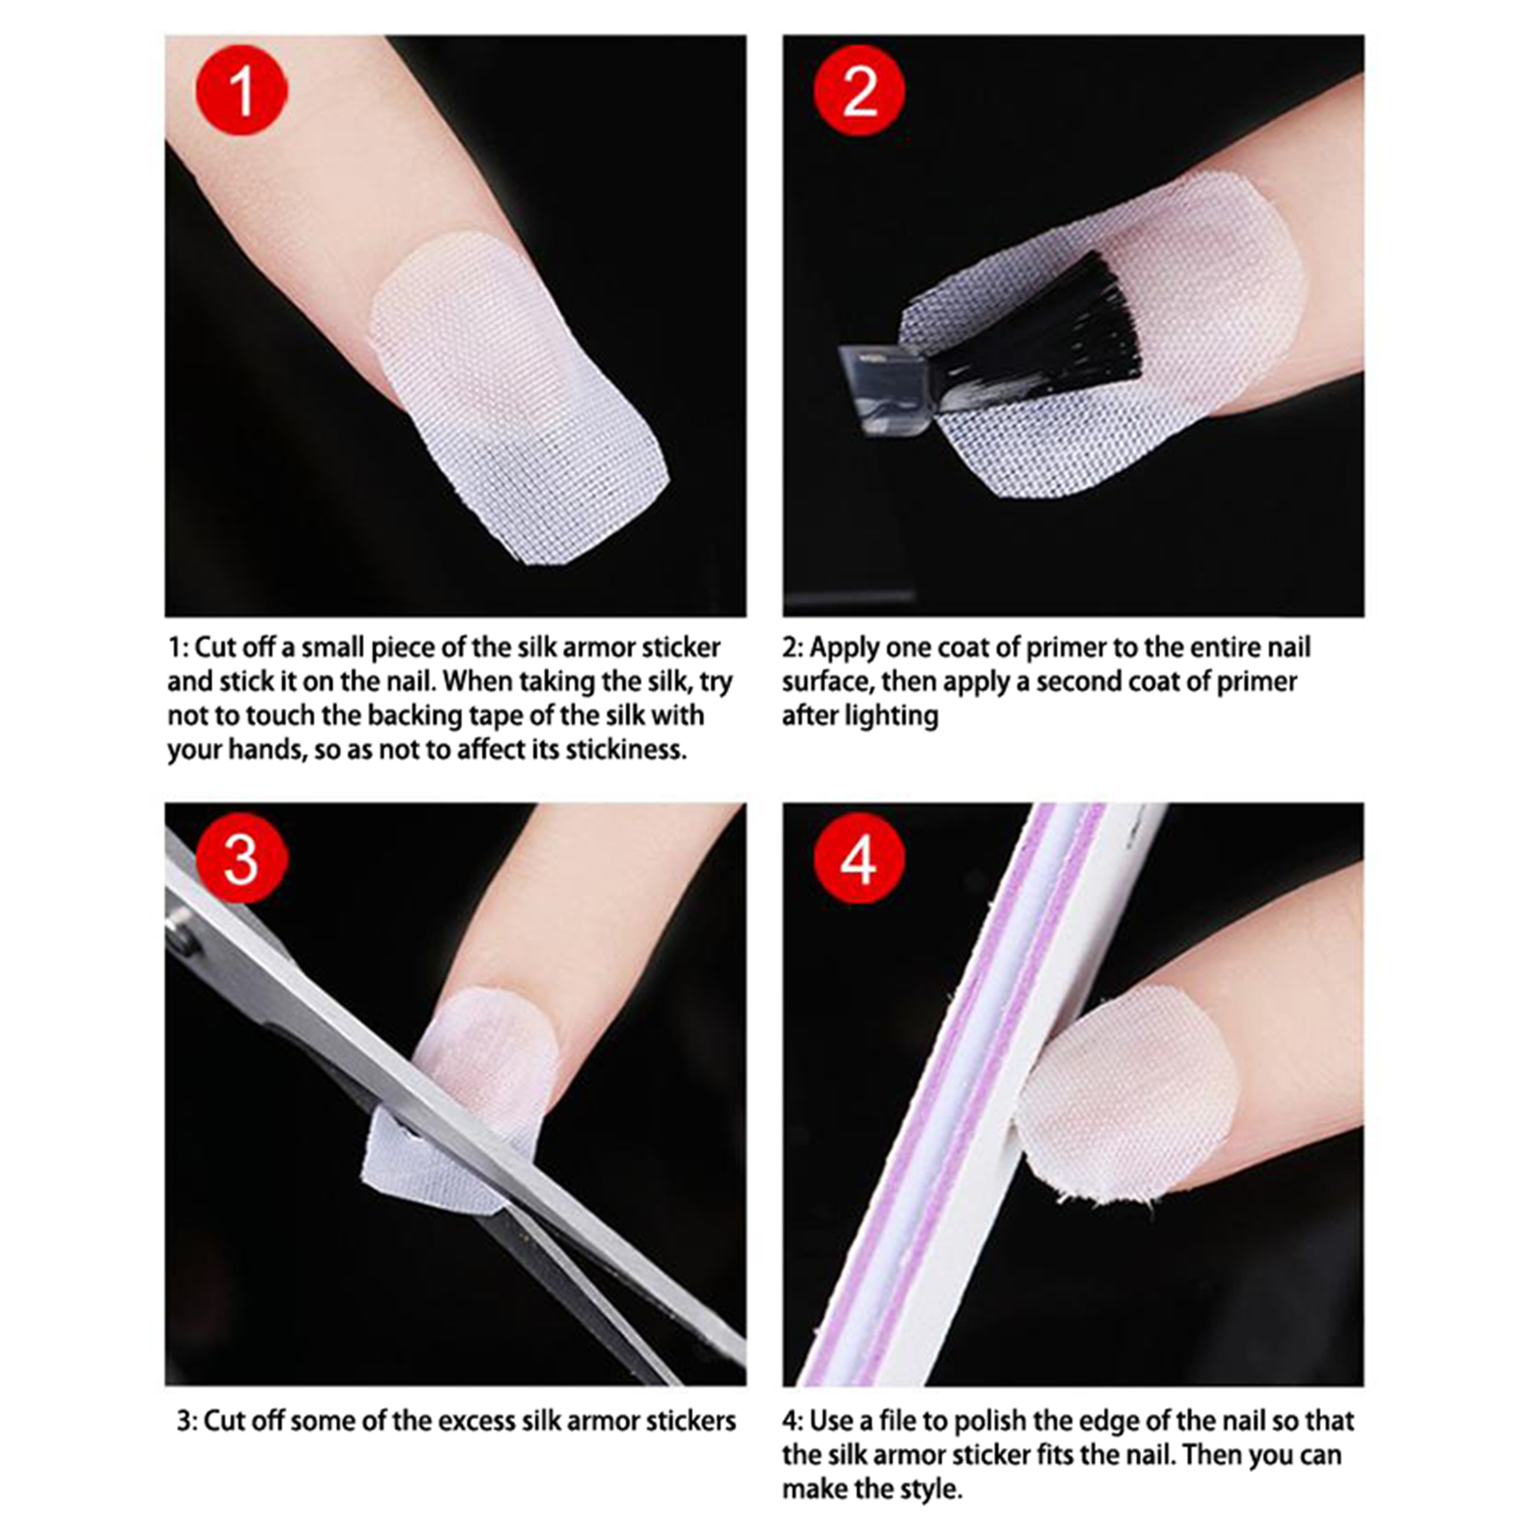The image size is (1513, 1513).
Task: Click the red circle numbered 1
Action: coord(241,90)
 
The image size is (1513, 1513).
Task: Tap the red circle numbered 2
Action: coord(860,90)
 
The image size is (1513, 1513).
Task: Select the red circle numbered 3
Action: coord(241,859)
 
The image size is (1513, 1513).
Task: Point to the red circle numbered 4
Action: coord(860,859)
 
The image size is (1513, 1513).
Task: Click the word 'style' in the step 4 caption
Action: coord(929,1490)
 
